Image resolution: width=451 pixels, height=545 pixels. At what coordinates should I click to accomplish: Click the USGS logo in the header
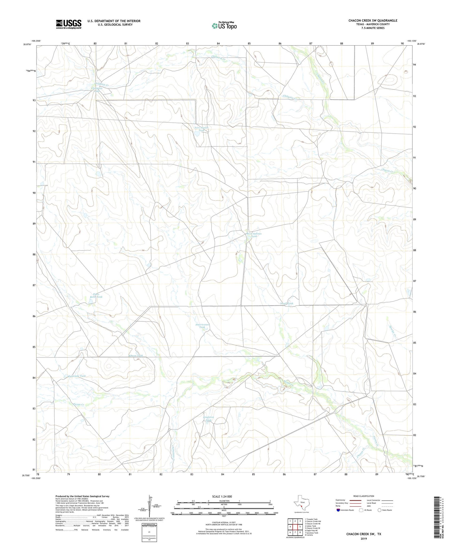[69, 24]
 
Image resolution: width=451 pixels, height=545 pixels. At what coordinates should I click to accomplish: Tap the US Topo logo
[224, 26]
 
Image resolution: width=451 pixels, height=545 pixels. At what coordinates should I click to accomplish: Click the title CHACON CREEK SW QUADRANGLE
[373, 21]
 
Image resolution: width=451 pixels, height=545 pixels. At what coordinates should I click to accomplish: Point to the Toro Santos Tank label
[201, 129]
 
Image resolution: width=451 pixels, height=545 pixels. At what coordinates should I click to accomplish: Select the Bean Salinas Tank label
[254, 235]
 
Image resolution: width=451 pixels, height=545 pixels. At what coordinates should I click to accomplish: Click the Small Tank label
[287, 303]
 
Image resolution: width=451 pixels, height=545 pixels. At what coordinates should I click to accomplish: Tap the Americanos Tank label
[202, 326]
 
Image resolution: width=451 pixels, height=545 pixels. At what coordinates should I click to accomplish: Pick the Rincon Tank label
[136, 356]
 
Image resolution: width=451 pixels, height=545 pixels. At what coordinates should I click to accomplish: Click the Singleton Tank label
[208, 419]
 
